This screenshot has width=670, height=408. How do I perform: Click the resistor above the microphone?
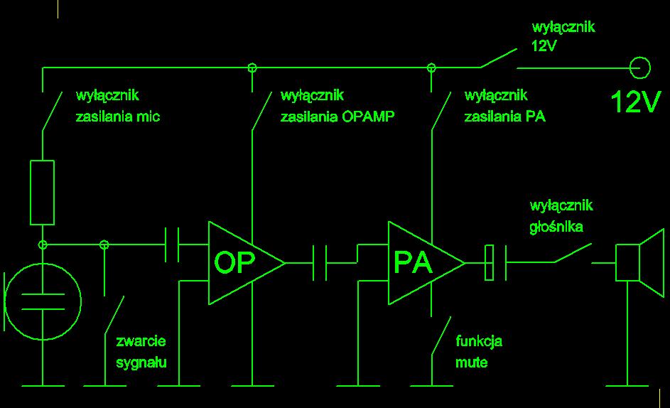(42, 193)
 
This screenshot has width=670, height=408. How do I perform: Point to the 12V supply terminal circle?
(640, 68)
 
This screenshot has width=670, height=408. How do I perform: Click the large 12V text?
(636, 103)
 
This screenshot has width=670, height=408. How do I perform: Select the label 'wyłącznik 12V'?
(563, 37)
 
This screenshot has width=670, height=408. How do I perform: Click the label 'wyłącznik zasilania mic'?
(117, 106)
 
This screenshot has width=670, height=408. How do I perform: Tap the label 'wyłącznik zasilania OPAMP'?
(337, 106)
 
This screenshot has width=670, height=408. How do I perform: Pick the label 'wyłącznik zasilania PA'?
(504, 106)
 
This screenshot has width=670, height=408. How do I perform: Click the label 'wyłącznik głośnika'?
(561, 217)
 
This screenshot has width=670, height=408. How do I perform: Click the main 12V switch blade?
(498, 58)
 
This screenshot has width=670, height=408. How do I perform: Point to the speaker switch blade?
(573, 254)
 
